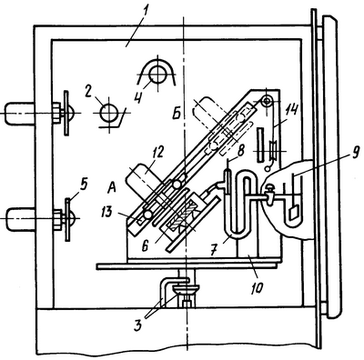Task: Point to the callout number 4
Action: [139, 96]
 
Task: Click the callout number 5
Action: [85, 185]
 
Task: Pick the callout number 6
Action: [145, 245]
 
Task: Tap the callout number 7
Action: [214, 249]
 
